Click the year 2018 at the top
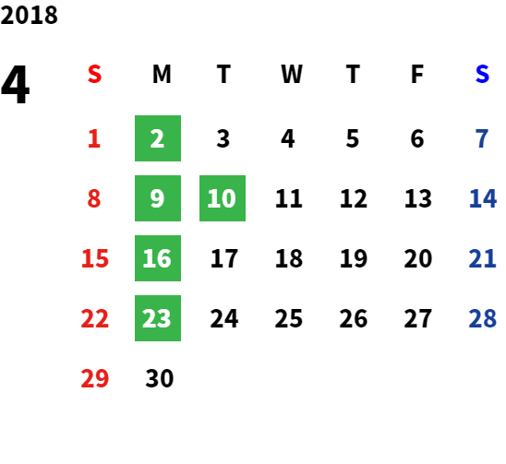(x=29, y=15)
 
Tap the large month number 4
(x=16, y=84)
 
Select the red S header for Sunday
(x=94, y=74)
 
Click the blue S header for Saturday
(x=482, y=74)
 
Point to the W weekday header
(x=292, y=74)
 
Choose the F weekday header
(x=417, y=74)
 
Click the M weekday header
(x=162, y=74)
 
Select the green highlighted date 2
(x=158, y=138)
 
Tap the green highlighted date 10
(x=223, y=198)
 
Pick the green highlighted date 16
(x=158, y=258)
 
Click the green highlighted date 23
(x=158, y=318)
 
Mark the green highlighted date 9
(x=158, y=198)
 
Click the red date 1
(x=94, y=138)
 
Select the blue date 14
(x=482, y=198)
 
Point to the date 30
(x=160, y=378)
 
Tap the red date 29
(x=94, y=378)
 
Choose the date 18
(x=289, y=258)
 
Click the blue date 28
(x=482, y=318)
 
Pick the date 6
(x=417, y=138)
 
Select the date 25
(x=289, y=318)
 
